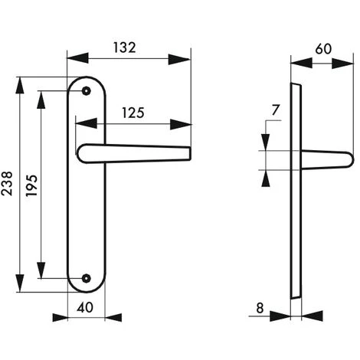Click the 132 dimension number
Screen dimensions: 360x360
tap(124, 47)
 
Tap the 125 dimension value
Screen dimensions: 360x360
tap(133, 113)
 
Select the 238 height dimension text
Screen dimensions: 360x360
tap(7, 183)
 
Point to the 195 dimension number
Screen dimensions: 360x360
tap(31, 185)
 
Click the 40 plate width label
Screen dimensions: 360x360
tap(85, 307)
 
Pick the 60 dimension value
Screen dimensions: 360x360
tap(323, 49)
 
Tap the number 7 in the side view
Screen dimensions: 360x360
tap(275, 110)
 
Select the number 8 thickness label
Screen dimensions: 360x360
tap(260, 308)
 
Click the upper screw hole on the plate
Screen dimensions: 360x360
tap(87, 90)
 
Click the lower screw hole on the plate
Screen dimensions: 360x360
tap(87, 278)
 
